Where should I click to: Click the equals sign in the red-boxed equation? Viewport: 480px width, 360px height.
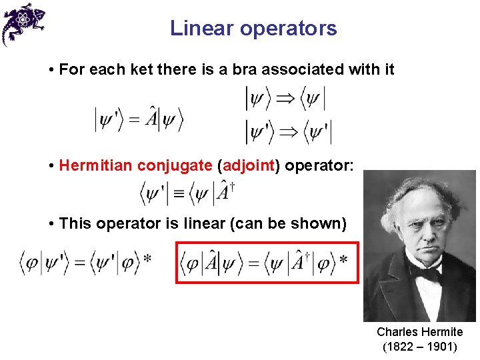coord(253,263)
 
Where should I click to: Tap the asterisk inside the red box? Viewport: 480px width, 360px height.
coord(343,259)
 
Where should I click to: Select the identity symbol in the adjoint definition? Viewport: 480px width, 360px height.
coord(178,195)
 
